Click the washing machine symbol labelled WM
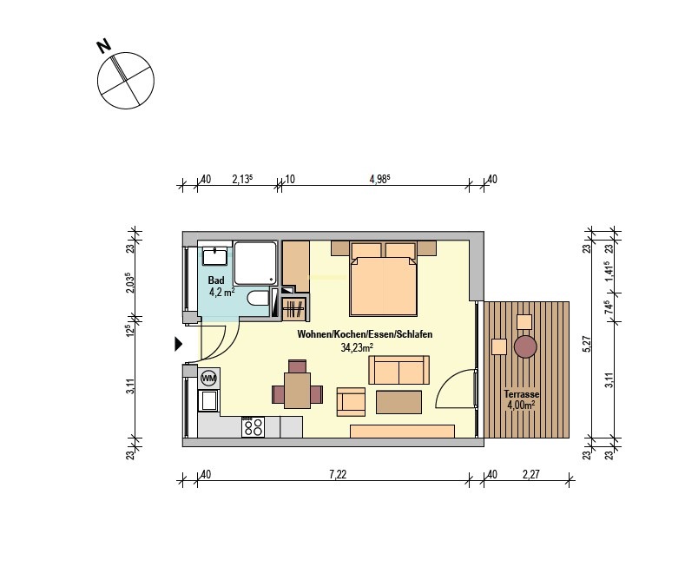coord(209,379)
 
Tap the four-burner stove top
coord(253,427)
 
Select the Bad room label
coord(216,280)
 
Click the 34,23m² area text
coord(357,347)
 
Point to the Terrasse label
coord(522,394)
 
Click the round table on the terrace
coord(525,346)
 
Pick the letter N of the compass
coord(104,46)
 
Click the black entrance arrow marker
coord(178,344)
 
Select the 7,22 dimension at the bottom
coord(338,474)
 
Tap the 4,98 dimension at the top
coord(379,179)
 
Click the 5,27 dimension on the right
coord(587,344)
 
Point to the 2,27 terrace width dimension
coord(531,474)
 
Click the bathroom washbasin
coord(214,256)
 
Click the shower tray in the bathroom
coord(255,263)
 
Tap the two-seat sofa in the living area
coord(398,370)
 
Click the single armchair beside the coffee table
coord(351,402)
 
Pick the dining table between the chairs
coord(297,390)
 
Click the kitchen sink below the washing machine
coord(208,400)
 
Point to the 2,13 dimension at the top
coord(242,179)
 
